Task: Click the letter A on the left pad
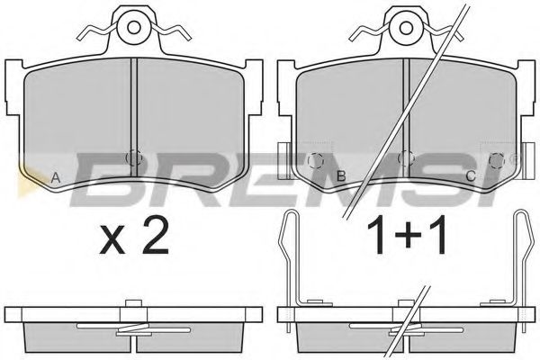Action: click(56, 178)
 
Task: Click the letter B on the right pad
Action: click(341, 176)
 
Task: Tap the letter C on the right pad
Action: click(471, 176)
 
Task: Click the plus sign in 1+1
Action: click(409, 236)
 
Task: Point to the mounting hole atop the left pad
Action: click(133, 27)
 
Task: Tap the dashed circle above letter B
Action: click(316, 160)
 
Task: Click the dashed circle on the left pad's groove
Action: click(134, 158)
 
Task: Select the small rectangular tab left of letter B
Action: click(284, 161)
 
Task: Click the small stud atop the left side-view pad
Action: click(133, 303)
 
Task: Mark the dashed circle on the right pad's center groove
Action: click(406, 158)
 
